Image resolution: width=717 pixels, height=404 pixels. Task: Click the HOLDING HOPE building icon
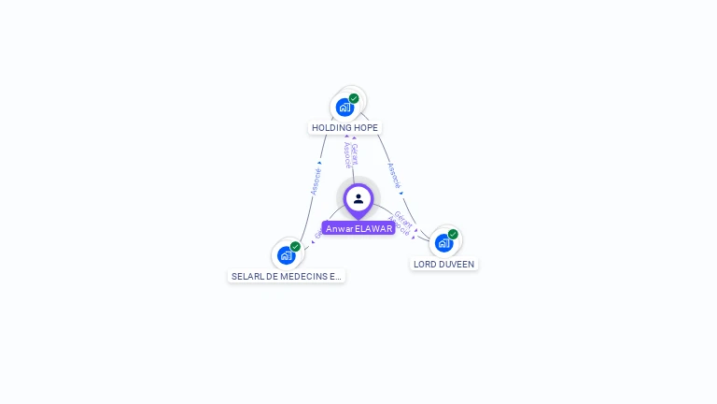coord(344,108)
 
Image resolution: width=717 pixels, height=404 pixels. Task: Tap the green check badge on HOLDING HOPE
coord(354,98)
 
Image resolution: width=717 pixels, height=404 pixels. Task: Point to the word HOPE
coord(366,127)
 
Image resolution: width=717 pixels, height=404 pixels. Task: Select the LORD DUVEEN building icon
coord(443,243)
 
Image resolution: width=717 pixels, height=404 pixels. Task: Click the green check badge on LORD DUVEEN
coord(453,234)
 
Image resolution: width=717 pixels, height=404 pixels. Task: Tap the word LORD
coord(424,265)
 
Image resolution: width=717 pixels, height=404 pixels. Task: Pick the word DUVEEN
coord(457,265)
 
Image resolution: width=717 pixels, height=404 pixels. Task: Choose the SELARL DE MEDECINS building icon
coord(286,255)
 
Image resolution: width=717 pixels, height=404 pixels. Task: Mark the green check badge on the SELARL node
coord(295,247)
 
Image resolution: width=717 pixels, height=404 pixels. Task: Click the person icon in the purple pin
coord(358,198)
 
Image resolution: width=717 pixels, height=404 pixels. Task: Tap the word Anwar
coord(339,228)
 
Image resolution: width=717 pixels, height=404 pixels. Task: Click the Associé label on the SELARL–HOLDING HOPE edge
coord(316,181)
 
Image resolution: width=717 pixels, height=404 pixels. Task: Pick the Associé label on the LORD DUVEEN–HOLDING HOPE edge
coord(394,176)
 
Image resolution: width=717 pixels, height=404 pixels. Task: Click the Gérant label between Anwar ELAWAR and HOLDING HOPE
coord(355,153)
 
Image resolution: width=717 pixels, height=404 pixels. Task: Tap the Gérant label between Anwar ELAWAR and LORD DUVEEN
coord(403,221)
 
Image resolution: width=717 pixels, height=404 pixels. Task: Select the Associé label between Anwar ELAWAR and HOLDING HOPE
coord(346,155)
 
